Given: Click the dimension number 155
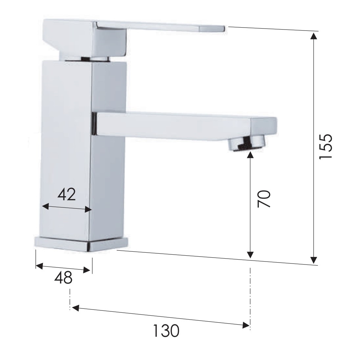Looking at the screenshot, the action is tap(326, 146).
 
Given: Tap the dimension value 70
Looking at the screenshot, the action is tap(264, 199).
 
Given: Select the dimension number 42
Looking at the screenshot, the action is tap(66, 194).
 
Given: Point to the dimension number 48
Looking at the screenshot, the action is tap(63, 277).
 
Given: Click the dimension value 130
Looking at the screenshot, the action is tap(166, 330).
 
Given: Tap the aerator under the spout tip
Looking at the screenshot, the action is tap(246, 143).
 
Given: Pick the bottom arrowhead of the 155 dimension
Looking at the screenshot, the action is tap(314, 260).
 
